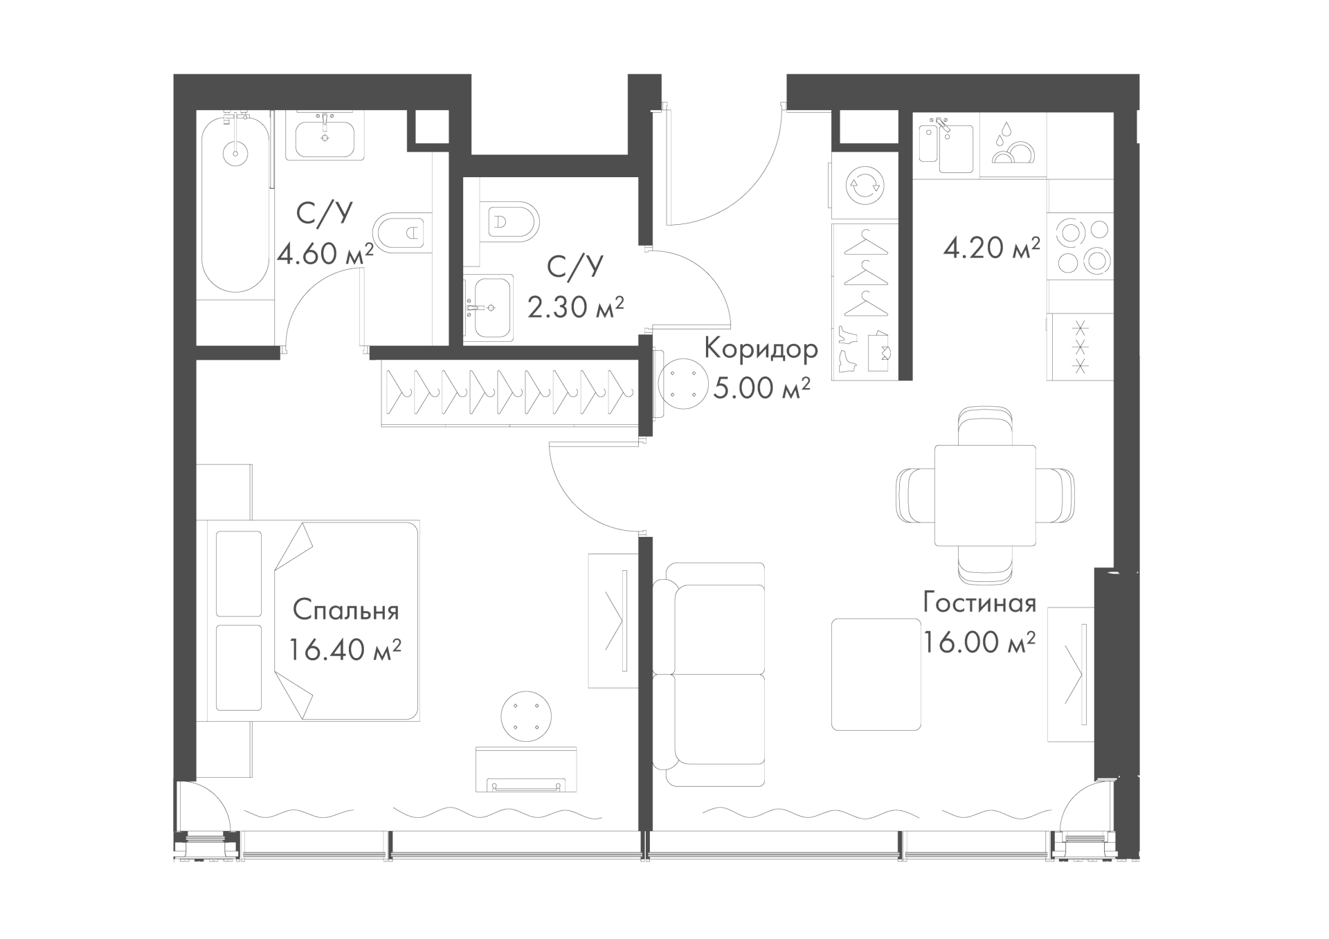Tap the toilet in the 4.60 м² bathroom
[398, 230]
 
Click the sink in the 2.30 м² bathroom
[489, 308]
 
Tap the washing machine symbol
[865, 185]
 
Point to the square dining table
[985, 495]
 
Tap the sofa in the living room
[709, 674]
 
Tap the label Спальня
[346, 611]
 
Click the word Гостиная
[979, 603]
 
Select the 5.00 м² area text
[761, 389]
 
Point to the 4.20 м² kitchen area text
[991, 247]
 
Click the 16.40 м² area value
[345, 650]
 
